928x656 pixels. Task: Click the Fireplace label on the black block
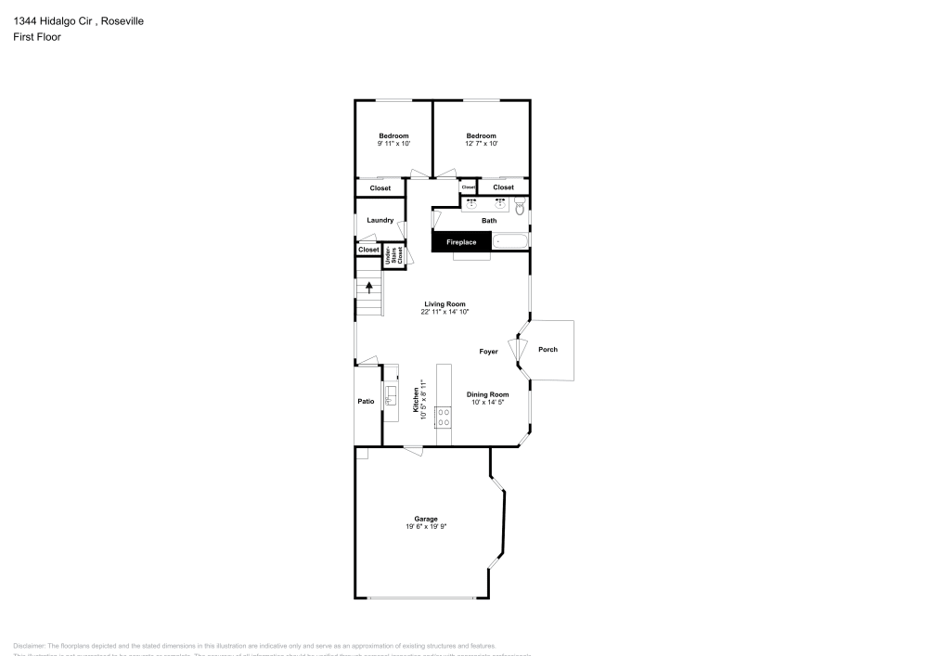pyautogui.click(x=461, y=242)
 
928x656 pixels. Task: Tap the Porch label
pyautogui.click(x=548, y=350)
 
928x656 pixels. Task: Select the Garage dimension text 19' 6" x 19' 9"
pyautogui.click(x=426, y=527)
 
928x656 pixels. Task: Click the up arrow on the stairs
pyautogui.click(x=369, y=288)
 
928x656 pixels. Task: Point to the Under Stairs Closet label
pyautogui.click(x=393, y=256)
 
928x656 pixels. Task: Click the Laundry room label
pyautogui.click(x=380, y=220)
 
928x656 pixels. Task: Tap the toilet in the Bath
pyautogui.click(x=520, y=207)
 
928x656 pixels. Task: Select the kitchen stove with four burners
pyautogui.click(x=444, y=417)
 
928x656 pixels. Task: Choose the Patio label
pyautogui.click(x=367, y=401)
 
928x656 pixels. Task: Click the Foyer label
pyautogui.click(x=488, y=352)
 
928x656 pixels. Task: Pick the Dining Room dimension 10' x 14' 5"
pyautogui.click(x=487, y=402)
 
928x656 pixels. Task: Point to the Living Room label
pyautogui.click(x=445, y=304)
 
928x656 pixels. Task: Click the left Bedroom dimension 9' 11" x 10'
pyautogui.click(x=393, y=144)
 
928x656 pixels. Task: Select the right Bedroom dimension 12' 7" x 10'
pyautogui.click(x=481, y=144)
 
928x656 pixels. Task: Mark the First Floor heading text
pyautogui.click(x=37, y=37)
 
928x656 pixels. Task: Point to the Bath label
pyautogui.click(x=488, y=221)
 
